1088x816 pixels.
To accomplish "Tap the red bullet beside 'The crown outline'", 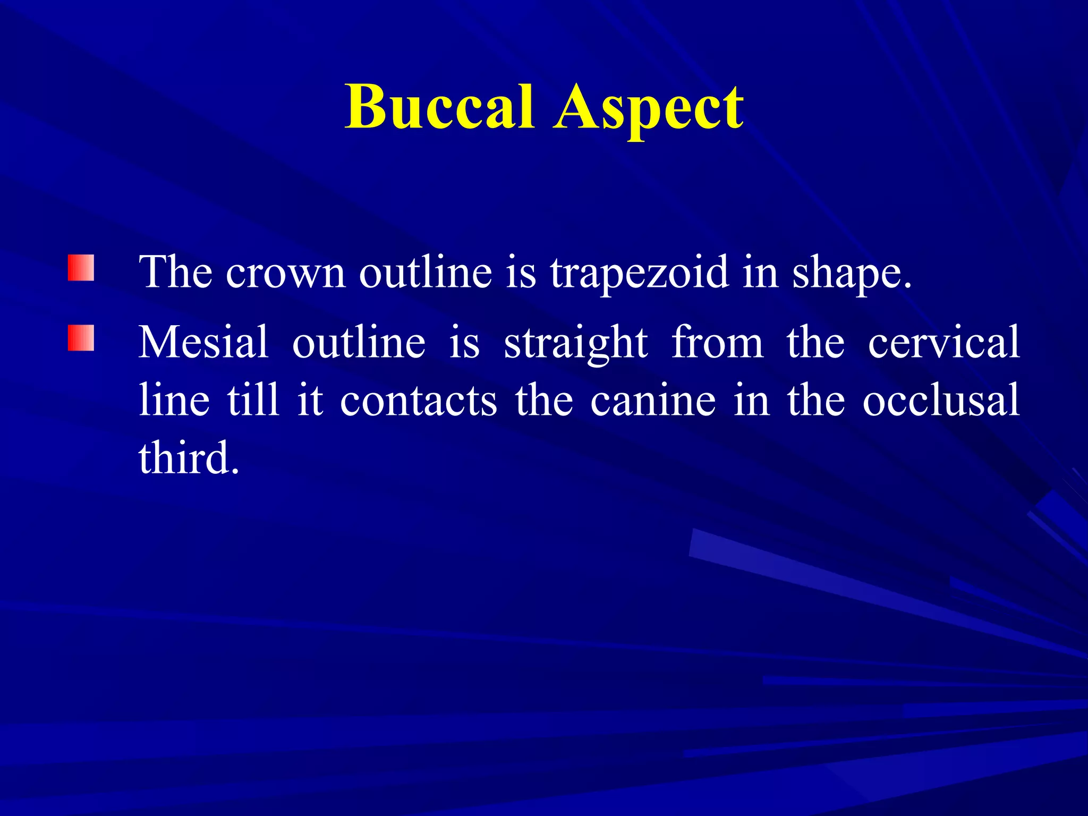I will click(81, 268).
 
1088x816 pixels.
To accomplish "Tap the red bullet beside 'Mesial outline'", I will click(81, 338).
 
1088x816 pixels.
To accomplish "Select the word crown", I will click(286, 273).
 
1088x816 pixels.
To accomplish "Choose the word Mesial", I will click(203, 342).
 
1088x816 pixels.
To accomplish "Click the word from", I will click(717, 342).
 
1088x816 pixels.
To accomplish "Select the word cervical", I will click(943, 342).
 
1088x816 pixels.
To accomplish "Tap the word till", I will click(253, 399).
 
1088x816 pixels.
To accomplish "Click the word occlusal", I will click(941, 399).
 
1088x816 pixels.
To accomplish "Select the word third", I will click(189, 457).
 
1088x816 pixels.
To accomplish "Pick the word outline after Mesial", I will click(359, 342).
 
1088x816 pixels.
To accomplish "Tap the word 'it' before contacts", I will click(310, 399).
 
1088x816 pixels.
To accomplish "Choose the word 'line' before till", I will click(174, 399).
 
